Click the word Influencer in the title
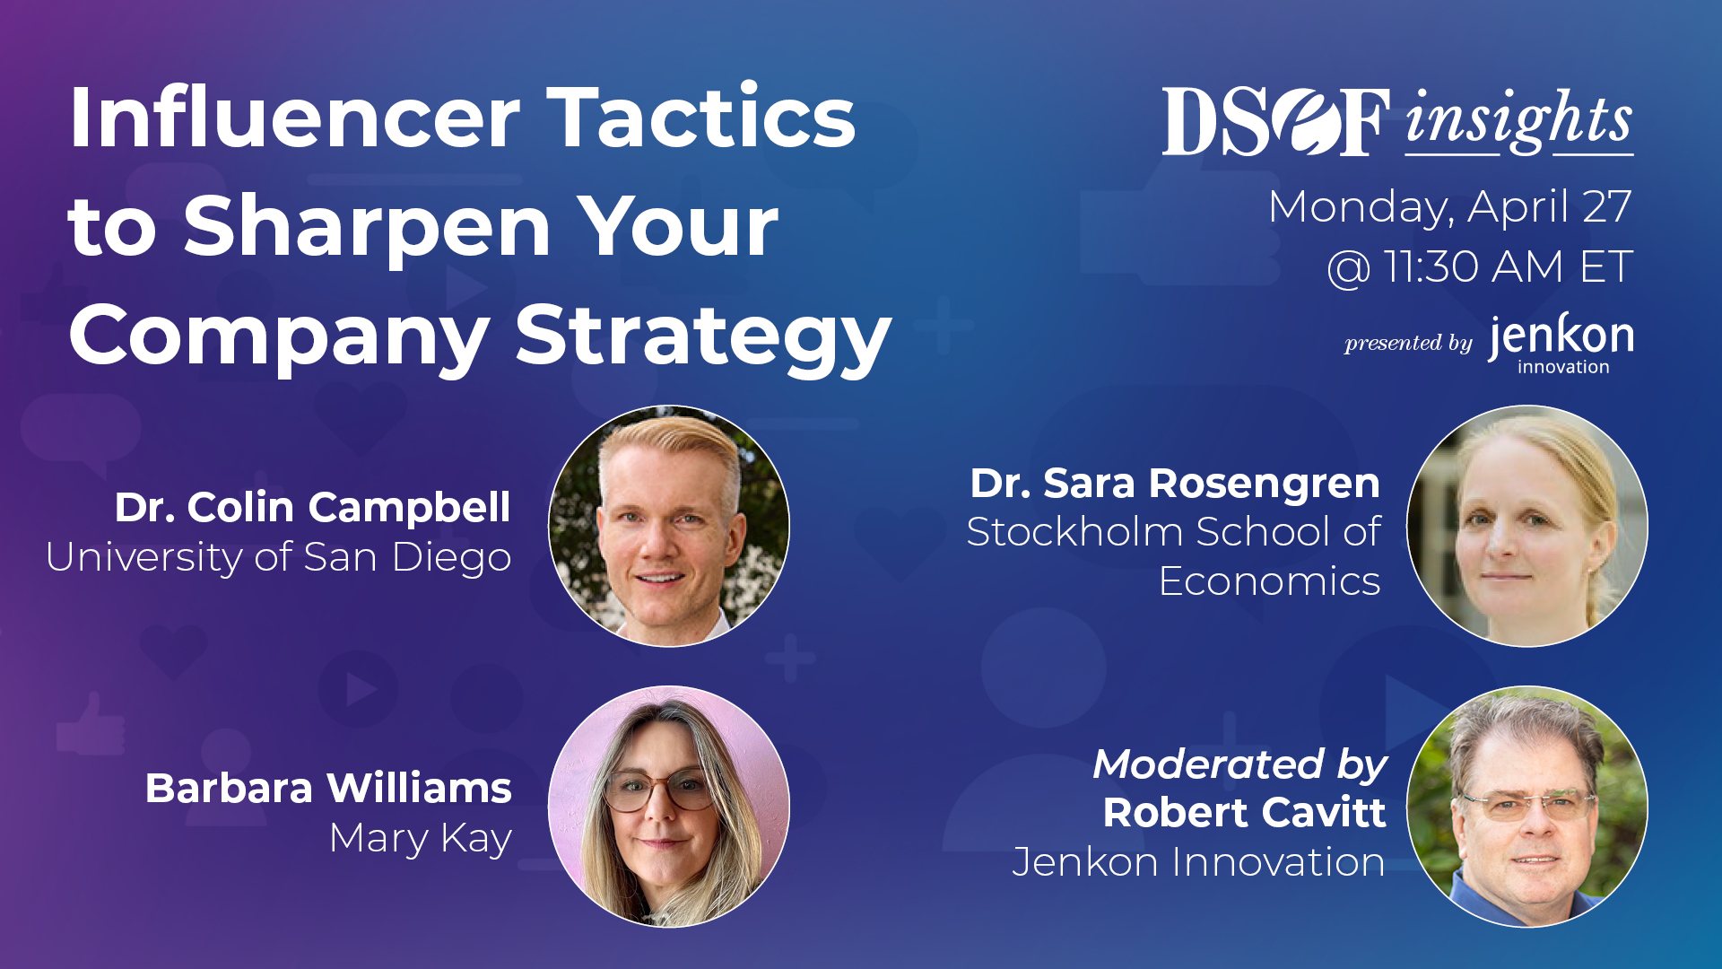pyautogui.click(x=294, y=118)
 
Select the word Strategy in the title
pyautogui.click(x=703, y=338)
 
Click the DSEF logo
pyautogui.click(x=1276, y=121)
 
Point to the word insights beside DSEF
pyautogui.click(x=1518, y=120)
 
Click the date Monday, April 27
pyautogui.click(x=1450, y=208)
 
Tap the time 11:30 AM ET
pyautogui.click(x=1508, y=266)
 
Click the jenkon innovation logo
pyautogui.click(x=1561, y=344)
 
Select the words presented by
pyautogui.click(x=1408, y=343)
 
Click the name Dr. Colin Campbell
pyautogui.click(x=313, y=507)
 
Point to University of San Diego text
pyautogui.click(x=279, y=557)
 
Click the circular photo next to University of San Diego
pyautogui.click(x=669, y=526)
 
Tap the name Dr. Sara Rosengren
pyautogui.click(x=1175, y=484)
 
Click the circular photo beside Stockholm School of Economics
pyautogui.click(x=1527, y=526)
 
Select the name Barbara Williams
pyautogui.click(x=328, y=789)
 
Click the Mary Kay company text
pyautogui.click(x=421, y=839)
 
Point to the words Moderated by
pyautogui.click(x=1239, y=764)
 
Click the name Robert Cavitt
pyautogui.click(x=1245, y=813)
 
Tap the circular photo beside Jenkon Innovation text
pyautogui.click(x=1527, y=807)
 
